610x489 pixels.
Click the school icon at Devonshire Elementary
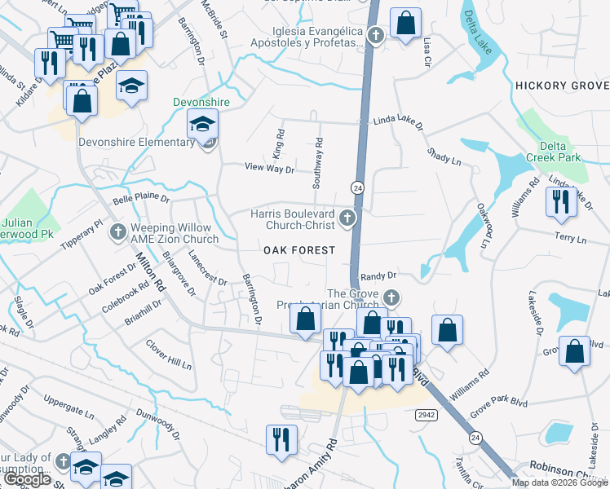tap(200, 125)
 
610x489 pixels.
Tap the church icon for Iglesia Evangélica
tap(375, 35)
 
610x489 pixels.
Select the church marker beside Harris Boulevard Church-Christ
tap(348, 217)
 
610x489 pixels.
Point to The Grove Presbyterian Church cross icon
tap(391, 297)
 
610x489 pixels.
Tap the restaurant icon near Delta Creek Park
tap(559, 202)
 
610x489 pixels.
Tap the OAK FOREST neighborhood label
tap(298, 250)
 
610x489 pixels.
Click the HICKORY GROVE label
tap(562, 86)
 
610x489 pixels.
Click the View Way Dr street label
tap(269, 168)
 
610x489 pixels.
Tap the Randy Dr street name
tap(378, 276)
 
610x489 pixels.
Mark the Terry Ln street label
tap(570, 240)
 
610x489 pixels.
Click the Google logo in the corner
tap(27, 479)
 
